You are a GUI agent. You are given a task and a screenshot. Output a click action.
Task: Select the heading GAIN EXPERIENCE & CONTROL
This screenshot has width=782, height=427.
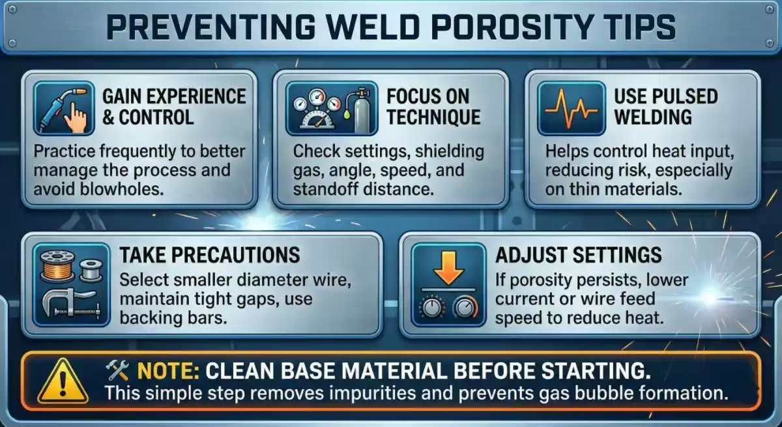pyautogui.click(x=174, y=108)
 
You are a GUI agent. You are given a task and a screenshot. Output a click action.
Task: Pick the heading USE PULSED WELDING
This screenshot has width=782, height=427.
pyautogui.click(x=665, y=107)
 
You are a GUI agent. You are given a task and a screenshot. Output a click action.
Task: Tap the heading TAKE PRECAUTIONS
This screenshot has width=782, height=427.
pyautogui.click(x=210, y=254)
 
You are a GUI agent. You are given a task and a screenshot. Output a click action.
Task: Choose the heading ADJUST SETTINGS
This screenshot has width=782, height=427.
pyautogui.click(x=578, y=254)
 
